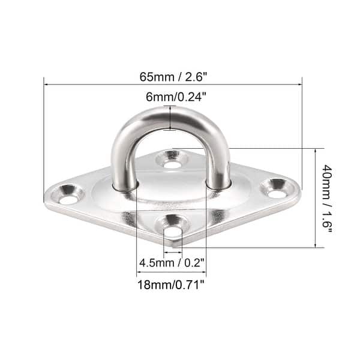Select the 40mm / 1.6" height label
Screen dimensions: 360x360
pyautogui.click(x=326, y=198)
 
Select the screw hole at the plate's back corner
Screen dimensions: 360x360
pyautogui.click(x=172, y=161)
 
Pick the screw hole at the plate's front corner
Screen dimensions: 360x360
pyautogui.click(x=172, y=229)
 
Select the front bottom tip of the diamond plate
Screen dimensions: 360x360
pyautogui.click(x=174, y=245)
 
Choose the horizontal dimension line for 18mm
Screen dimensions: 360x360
pyautogui.click(x=172, y=271)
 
